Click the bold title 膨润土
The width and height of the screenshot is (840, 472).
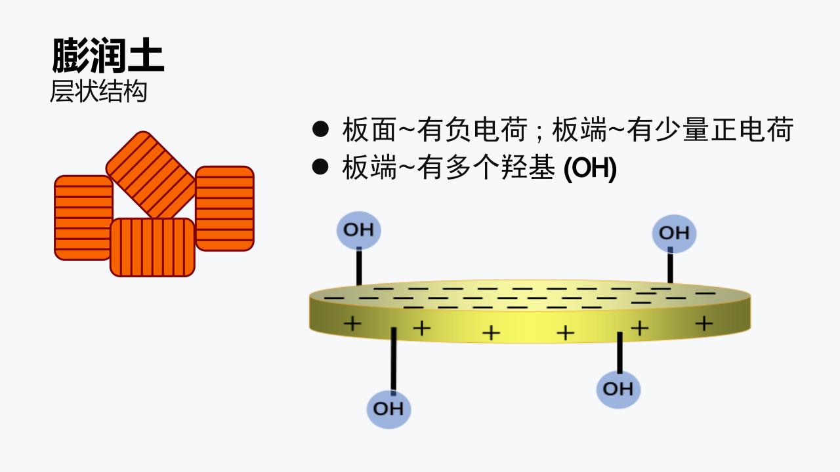[x=108, y=56]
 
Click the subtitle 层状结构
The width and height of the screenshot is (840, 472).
[x=98, y=91]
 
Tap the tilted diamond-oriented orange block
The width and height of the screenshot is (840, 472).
[x=150, y=175]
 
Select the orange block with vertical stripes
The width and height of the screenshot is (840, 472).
[x=153, y=247]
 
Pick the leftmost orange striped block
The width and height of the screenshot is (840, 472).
[x=83, y=218]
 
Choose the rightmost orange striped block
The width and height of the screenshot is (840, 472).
[x=224, y=208]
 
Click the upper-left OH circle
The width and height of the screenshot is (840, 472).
[x=358, y=230]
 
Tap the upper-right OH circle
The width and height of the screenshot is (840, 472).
[x=674, y=233]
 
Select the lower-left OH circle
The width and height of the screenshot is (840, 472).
[x=388, y=409]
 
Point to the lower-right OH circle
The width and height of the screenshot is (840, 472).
[x=618, y=389]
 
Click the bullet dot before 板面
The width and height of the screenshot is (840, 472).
[x=320, y=129]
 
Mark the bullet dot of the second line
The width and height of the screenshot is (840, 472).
[x=320, y=167]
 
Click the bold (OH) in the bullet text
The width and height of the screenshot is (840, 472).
[x=590, y=168]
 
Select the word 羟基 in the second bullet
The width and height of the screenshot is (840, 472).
[x=528, y=167]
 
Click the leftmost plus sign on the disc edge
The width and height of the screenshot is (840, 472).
[x=352, y=323]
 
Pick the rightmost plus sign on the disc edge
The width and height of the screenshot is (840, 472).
[x=704, y=323]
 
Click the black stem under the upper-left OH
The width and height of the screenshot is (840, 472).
[x=359, y=266]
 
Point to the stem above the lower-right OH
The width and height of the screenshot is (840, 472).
[x=620, y=353]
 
